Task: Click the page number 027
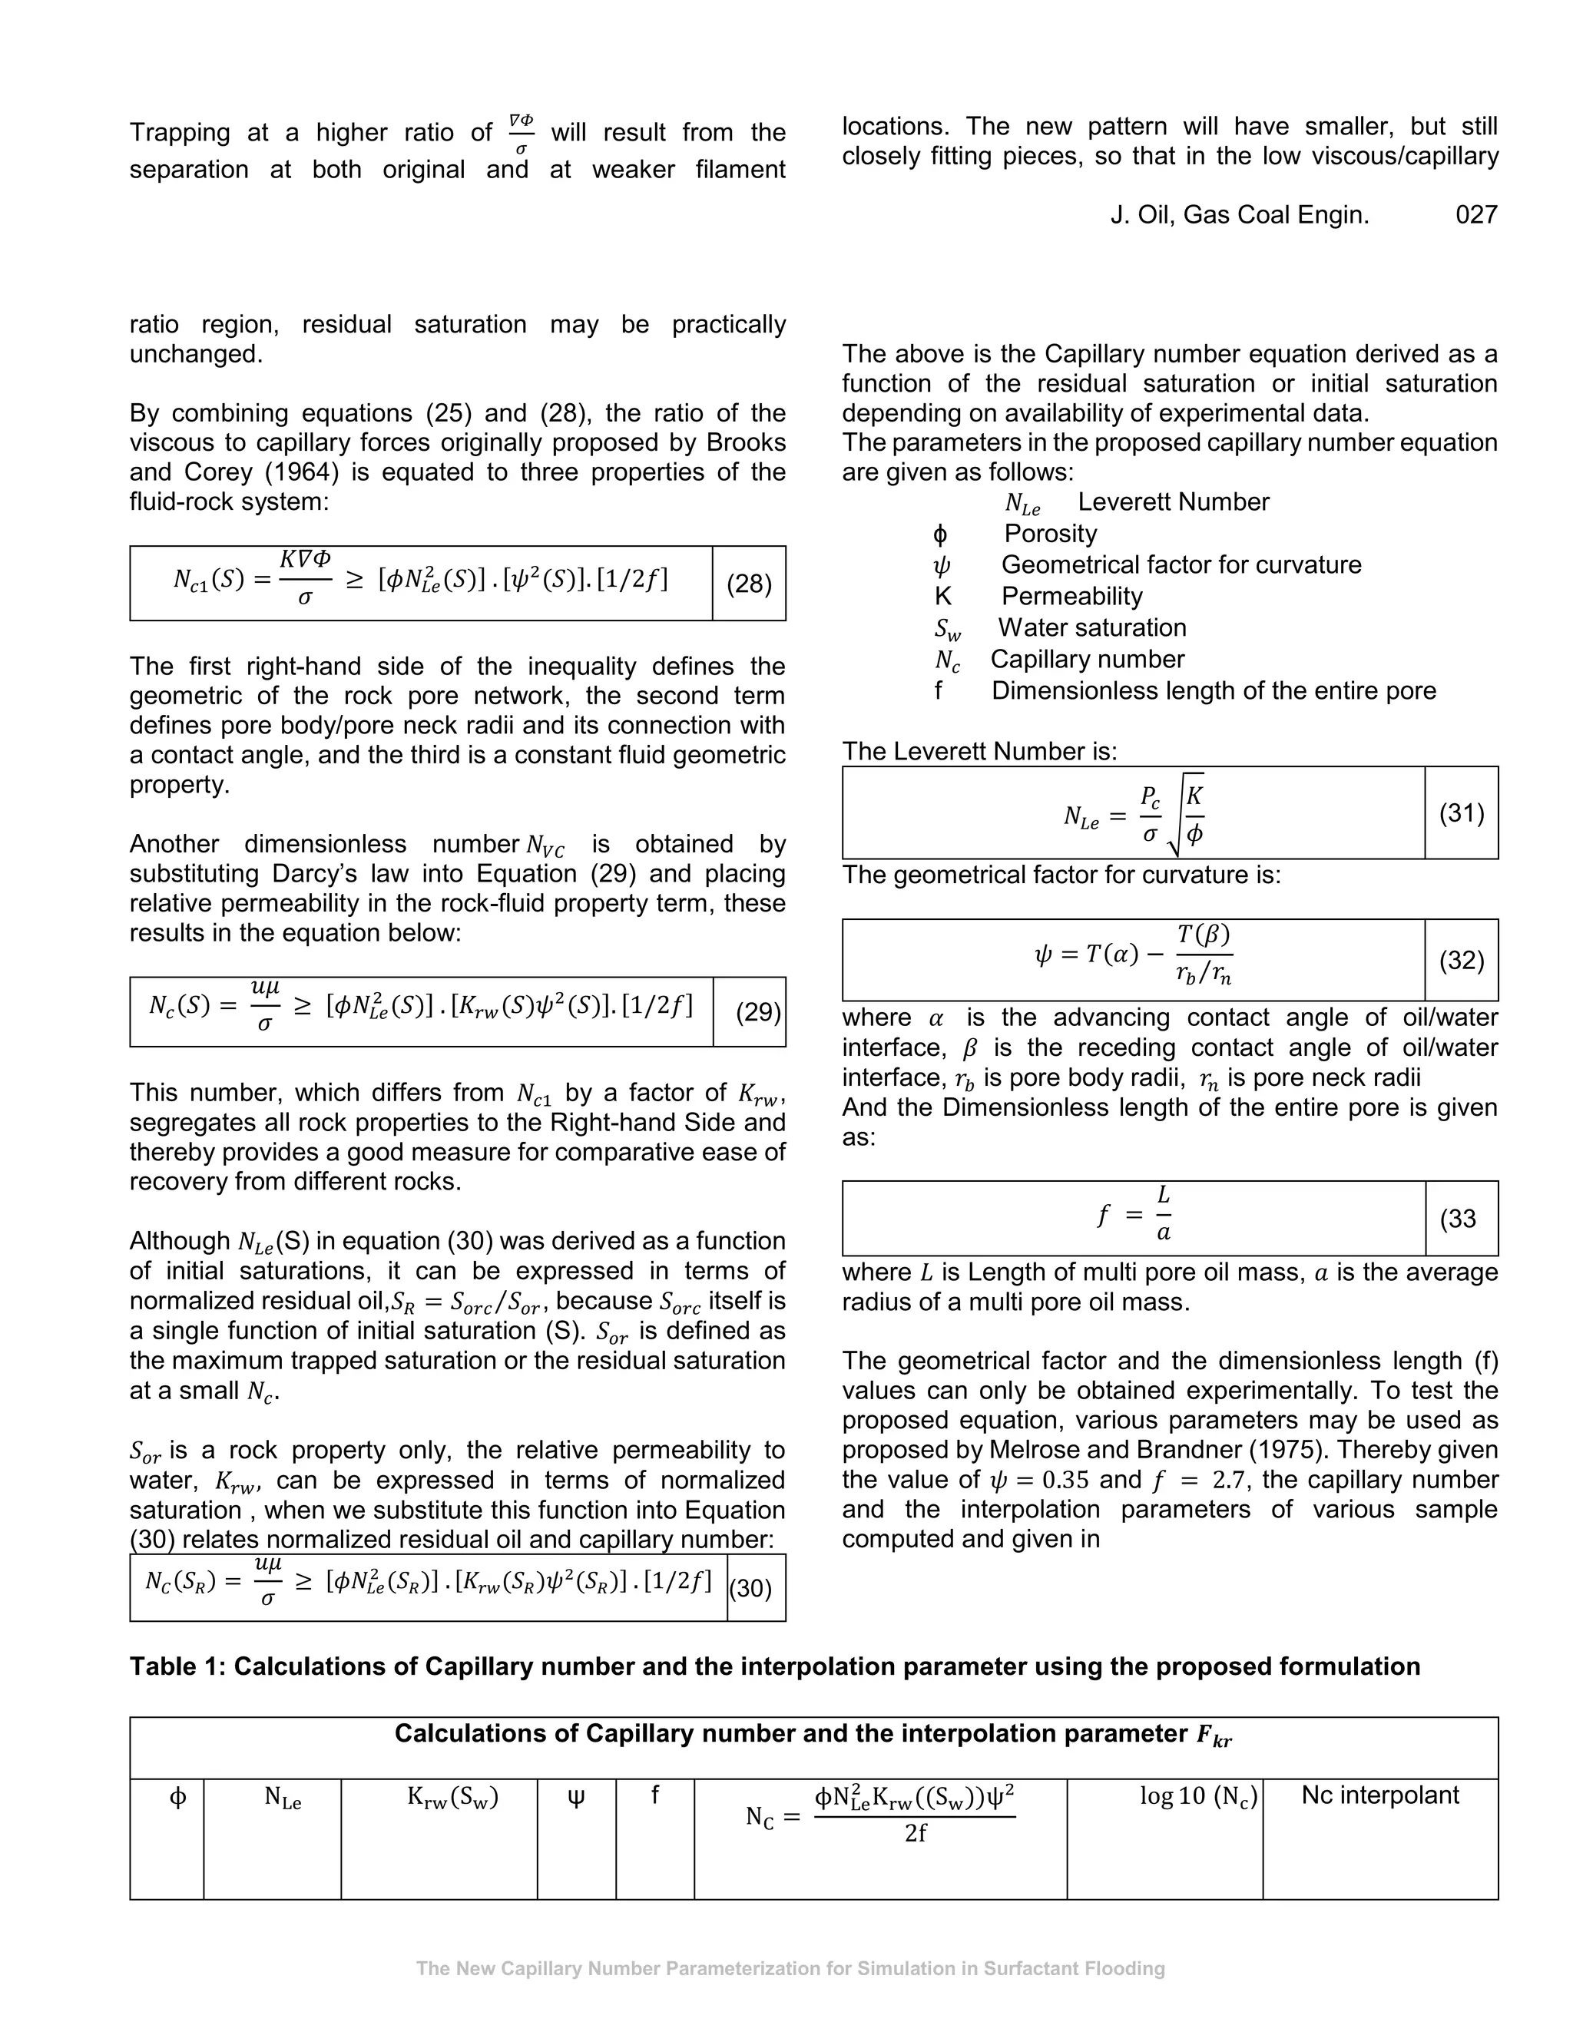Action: pyautogui.click(x=1476, y=215)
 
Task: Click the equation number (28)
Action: pyautogui.click(x=749, y=584)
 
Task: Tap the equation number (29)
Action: pyautogui.click(x=757, y=1012)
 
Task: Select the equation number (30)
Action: pyautogui.click(x=751, y=1588)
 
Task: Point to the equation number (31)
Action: pyautogui.click(x=1461, y=813)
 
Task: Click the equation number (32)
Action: pyautogui.click(x=1460, y=961)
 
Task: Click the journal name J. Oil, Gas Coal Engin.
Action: pyautogui.click(x=1240, y=215)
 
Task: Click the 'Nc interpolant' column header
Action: pyautogui.click(x=1379, y=1795)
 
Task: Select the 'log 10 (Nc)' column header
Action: pyautogui.click(x=1198, y=1795)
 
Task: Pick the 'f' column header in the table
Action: pyautogui.click(x=654, y=1795)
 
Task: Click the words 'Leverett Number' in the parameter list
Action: pyautogui.click(x=1174, y=502)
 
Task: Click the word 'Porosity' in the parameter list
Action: pyautogui.click(x=1050, y=534)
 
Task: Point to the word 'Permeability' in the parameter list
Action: pyautogui.click(x=1071, y=597)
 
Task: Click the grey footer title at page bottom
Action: pyautogui.click(x=790, y=1969)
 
